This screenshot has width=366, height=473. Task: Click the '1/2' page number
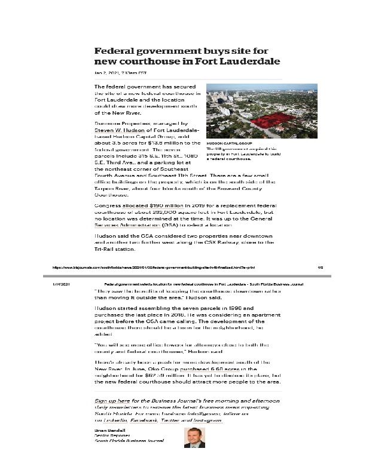pyautogui.click(x=320, y=268)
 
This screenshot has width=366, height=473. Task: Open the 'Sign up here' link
pyautogui.click(x=115, y=400)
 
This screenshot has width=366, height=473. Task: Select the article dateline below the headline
pyautogui.click(x=120, y=73)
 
